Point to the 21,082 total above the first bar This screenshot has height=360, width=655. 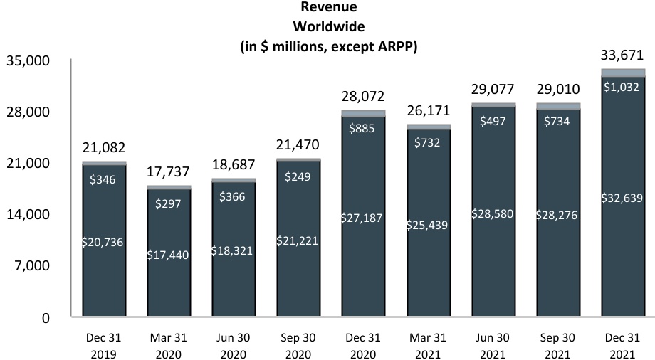[104, 148]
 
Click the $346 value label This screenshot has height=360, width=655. [104, 180]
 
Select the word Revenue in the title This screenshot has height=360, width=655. [329, 7]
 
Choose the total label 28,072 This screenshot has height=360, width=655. [363, 96]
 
